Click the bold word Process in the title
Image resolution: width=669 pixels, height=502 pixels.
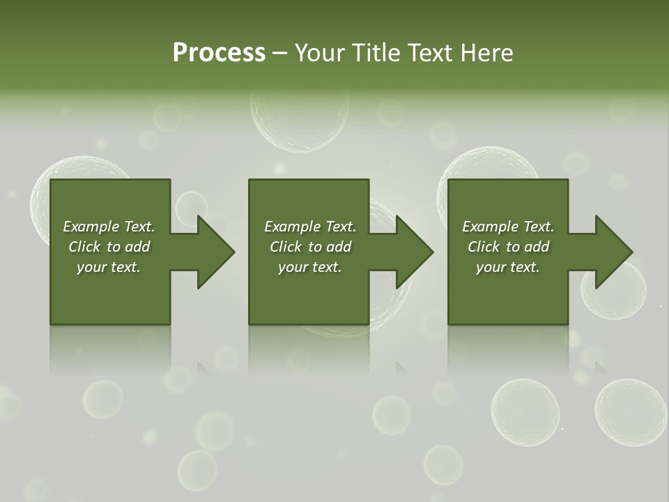coord(219,53)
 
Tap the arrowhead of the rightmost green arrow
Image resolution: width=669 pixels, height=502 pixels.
coord(613,252)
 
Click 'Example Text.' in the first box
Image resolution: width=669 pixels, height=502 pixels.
coord(109,227)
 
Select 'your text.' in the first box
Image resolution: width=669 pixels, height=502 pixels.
coord(109,267)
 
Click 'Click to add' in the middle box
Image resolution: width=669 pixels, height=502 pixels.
coord(310,247)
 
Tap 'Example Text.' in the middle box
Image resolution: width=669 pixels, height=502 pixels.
coord(310,227)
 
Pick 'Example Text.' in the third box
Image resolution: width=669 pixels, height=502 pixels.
coord(508,227)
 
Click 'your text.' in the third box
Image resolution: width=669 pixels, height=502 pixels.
coord(508,267)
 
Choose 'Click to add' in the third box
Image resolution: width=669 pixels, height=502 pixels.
coord(508,247)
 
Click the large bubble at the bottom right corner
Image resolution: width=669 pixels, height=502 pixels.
coord(631,412)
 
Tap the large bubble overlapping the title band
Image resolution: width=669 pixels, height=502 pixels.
coord(300,115)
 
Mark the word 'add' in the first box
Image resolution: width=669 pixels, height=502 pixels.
coord(137,247)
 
